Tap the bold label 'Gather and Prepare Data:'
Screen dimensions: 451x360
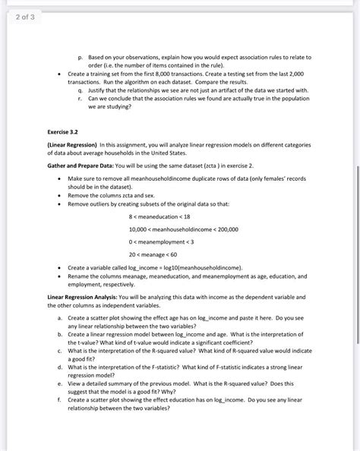(x=80, y=164)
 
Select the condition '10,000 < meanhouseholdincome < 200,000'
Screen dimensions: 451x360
(x=182, y=229)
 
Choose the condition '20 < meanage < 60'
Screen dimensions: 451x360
(x=152, y=254)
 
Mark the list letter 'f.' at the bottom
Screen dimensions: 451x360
(x=60, y=399)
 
